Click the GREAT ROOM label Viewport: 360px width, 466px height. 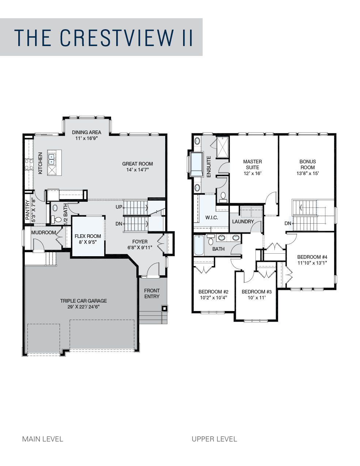[137, 164]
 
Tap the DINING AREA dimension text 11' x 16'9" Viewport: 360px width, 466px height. [86, 138]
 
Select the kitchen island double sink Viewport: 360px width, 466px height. [52, 160]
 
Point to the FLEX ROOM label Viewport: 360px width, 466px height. [88, 236]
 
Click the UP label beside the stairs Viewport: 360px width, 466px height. [119, 207]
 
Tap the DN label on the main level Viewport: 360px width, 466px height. [118, 224]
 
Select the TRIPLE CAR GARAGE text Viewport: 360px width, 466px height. [83, 301]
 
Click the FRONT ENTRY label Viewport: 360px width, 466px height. [152, 293]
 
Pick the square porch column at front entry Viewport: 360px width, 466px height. [165, 308]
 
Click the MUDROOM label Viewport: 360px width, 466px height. [43, 232]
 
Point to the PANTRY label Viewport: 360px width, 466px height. [27, 210]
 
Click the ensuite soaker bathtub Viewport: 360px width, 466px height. [197, 164]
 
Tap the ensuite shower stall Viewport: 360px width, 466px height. [222, 147]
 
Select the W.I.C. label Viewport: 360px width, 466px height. [212, 218]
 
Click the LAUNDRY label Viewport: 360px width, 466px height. [243, 221]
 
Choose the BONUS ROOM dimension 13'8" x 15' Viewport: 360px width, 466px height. [308, 173]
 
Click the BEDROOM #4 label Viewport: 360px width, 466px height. [312, 257]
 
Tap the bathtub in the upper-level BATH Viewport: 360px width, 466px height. [199, 245]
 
